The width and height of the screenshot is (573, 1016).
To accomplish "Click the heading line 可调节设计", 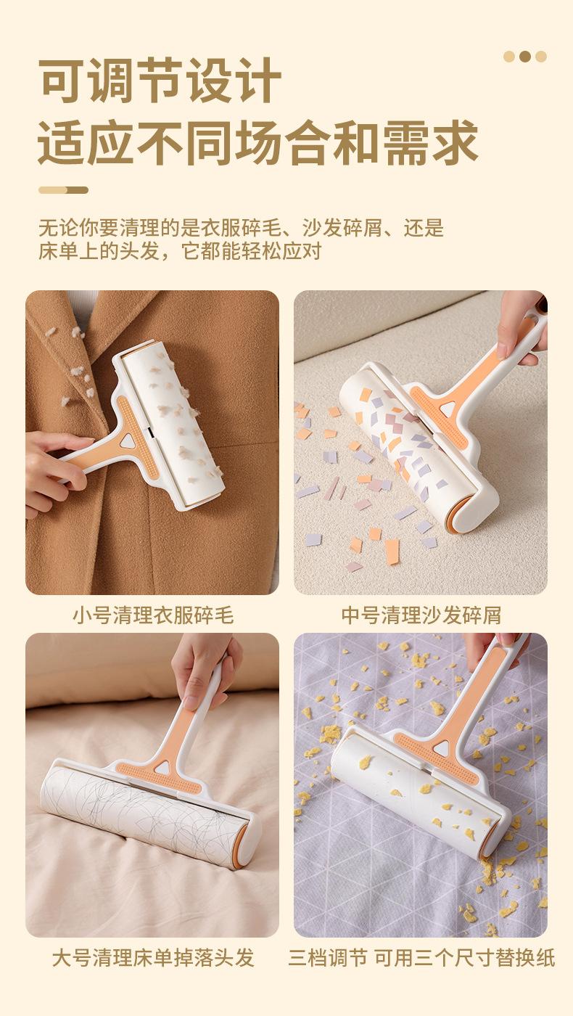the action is (160, 81).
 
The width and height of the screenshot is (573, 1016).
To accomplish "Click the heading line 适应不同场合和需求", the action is (258, 142).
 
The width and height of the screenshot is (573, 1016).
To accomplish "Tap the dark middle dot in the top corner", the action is (525, 57).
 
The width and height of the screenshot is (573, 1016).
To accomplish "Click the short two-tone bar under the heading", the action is (63, 190).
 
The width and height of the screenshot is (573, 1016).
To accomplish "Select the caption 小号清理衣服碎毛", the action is (153, 615).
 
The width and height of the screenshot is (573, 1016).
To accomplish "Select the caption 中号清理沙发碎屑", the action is (421, 615).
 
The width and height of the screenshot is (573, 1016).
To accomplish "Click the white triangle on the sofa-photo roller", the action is (449, 407).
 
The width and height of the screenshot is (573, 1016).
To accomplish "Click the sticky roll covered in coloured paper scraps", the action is (399, 445).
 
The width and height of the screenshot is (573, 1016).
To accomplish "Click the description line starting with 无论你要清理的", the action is (241, 228).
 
